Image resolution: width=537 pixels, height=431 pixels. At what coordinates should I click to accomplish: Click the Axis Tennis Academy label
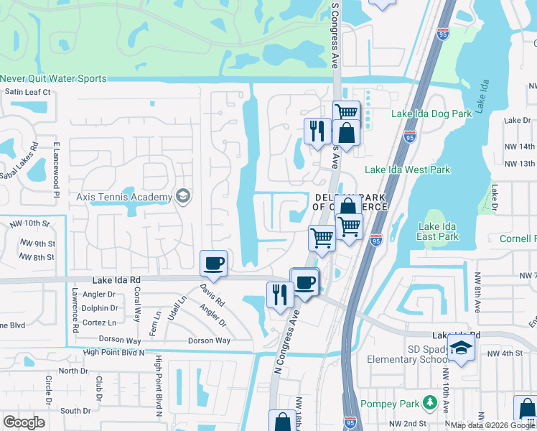click(x=123, y=197)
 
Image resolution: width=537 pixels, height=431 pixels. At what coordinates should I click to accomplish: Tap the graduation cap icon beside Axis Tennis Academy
click(x=183, y=197)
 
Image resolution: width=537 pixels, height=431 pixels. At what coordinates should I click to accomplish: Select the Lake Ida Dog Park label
click(x=431, y=113)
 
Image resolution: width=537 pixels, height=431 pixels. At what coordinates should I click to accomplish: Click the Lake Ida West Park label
click(x=407, y=170)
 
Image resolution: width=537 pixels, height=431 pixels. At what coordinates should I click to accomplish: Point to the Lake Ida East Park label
click(x=438, y=231)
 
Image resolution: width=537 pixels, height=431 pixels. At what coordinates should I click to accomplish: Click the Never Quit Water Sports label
click(x=54, y=79)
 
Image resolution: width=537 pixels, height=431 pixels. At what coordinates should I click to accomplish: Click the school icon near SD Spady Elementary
click(x=463, y=348)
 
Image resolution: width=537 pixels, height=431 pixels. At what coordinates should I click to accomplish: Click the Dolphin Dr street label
click(x=99, y=308)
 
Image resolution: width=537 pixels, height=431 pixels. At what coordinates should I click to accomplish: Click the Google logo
click(x=24, y=422)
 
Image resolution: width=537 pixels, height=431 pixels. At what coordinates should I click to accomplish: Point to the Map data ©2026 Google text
click(x=485, y=425)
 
